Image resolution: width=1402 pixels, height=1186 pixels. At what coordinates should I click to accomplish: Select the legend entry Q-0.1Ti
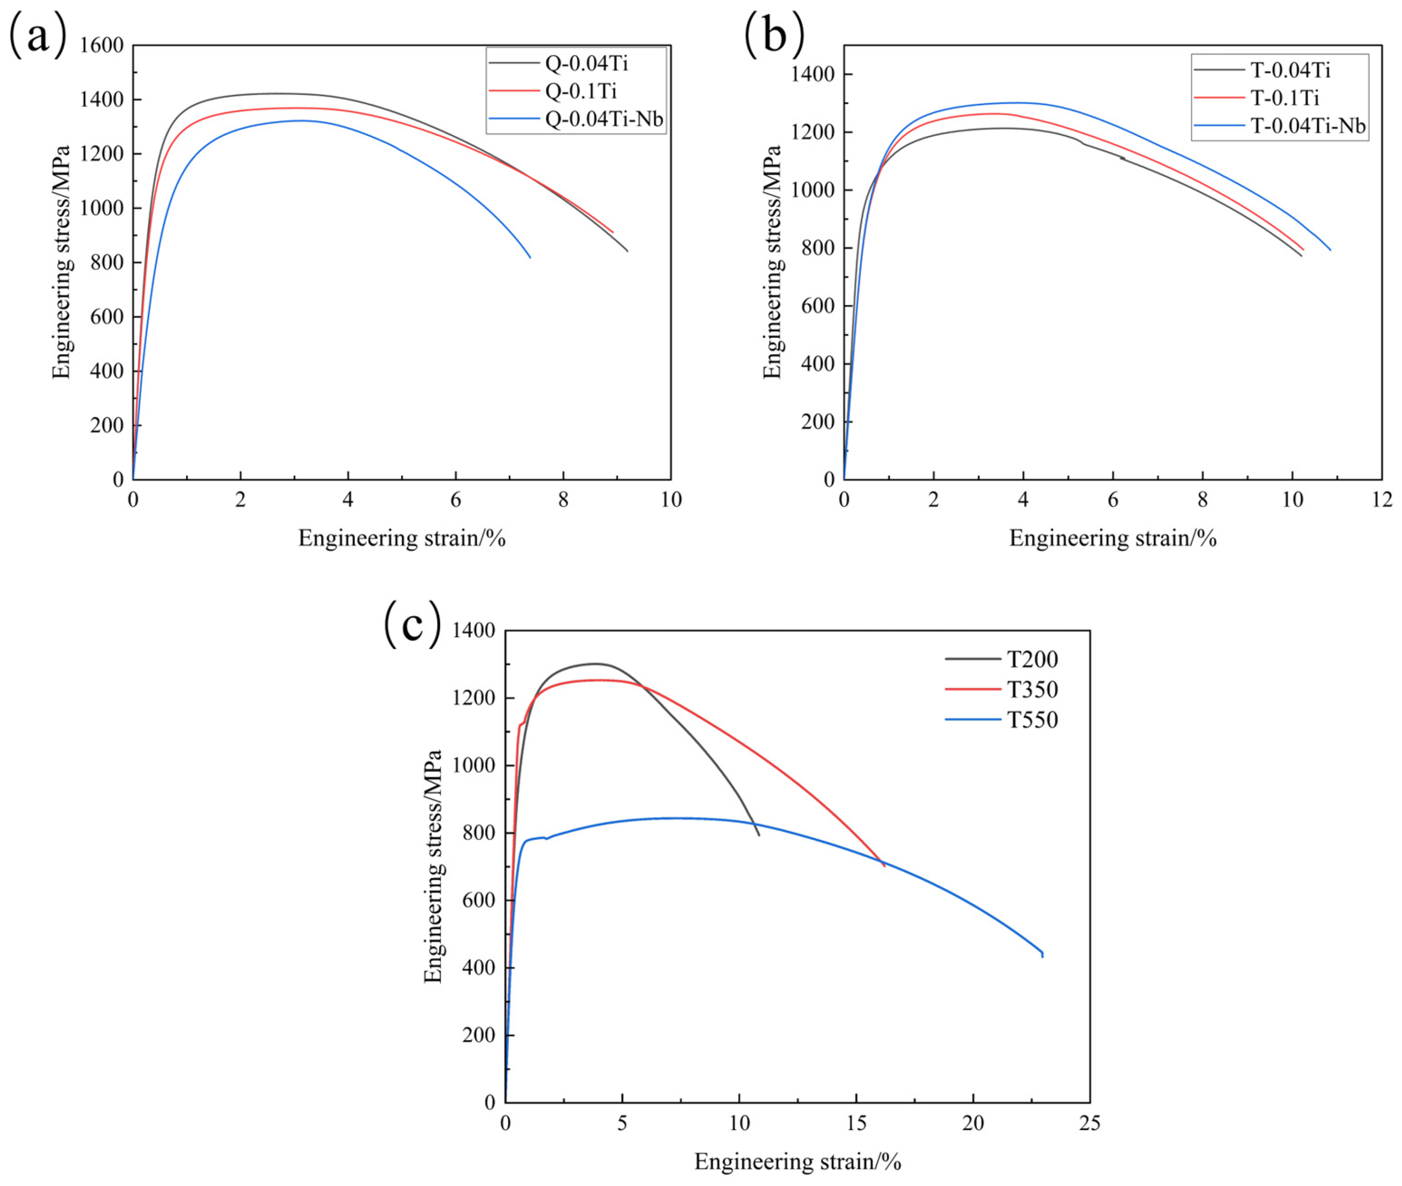(580, 91)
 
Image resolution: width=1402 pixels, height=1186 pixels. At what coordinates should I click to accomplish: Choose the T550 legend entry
(1032, 720)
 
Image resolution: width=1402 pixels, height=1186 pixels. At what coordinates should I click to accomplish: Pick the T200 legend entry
(1032, 659)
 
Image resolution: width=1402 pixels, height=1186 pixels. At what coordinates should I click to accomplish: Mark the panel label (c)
(412, 624)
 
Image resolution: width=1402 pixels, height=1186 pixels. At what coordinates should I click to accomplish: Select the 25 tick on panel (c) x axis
(1089, 1123)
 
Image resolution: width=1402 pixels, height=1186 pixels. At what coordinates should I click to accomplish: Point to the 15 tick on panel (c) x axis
(856, 1123)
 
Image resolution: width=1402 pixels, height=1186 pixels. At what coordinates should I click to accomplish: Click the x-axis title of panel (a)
(401, 538)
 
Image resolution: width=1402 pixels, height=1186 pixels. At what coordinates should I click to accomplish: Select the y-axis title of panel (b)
(773, 262)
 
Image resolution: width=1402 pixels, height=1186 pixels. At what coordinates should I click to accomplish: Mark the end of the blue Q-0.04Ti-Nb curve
(531, 257)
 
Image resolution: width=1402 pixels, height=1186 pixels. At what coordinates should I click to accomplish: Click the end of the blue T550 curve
(1042, 956)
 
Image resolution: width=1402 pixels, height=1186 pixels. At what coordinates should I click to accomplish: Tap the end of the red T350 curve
(884, 866)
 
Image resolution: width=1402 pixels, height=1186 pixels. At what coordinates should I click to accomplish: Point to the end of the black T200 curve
(759, 835)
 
